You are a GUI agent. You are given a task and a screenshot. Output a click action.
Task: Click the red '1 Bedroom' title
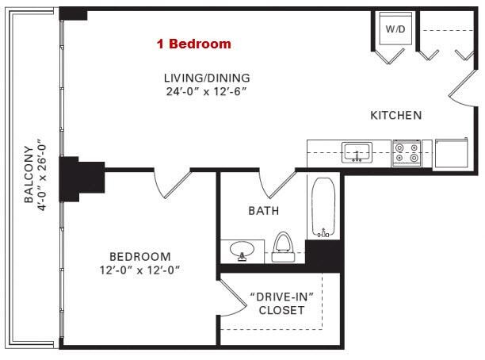click(x=194, y=44)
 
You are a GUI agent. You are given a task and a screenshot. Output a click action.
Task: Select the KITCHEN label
click(x=396, y=116)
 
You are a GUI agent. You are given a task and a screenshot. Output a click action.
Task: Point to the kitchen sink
click(x=357, y=152)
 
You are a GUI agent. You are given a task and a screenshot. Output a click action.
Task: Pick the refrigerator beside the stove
click(x=452, y=154)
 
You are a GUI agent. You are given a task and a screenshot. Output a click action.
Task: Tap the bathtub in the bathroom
click(x=323, y=207)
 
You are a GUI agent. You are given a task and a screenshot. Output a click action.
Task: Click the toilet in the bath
click(x=283, y=247)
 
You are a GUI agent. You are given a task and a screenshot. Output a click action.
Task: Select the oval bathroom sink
click(x=242, y=250)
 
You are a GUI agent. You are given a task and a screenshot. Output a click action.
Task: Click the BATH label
click(x=264, y=211)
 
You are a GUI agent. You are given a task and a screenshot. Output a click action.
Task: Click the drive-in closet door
click(x=234, y=298)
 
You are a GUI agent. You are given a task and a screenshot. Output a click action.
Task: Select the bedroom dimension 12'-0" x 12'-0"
click(x=139, y=270)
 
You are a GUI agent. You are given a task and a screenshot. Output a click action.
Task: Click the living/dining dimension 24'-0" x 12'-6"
click(x=206, y=92)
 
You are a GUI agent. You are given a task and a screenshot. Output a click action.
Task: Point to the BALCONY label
click(x=29, y=174)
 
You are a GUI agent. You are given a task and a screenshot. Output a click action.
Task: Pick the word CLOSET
click(x=281, y=310)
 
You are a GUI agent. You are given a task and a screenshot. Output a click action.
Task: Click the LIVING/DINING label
click(x=207, y=78)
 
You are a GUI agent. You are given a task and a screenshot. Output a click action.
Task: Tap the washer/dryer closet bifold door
click(x=389, y=56)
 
